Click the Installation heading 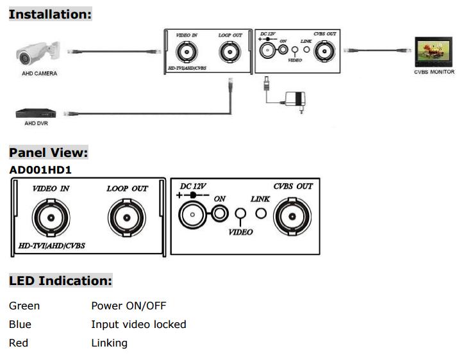50,13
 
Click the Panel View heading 48,152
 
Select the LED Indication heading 60,281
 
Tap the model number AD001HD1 40,170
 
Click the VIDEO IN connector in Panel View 51,218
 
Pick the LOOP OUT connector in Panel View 126,218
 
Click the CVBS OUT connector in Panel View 293,217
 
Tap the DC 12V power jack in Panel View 192,215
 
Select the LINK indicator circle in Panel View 261,213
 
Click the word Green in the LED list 24,306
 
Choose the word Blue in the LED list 20,324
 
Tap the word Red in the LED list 19,343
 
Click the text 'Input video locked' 138,324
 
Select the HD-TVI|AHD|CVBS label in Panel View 52,245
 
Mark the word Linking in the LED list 109,343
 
